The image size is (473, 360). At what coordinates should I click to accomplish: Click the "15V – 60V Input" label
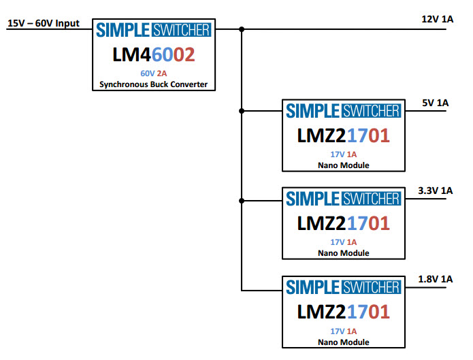click(43, 23)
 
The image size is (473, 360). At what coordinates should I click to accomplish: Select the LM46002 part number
click(154, 54)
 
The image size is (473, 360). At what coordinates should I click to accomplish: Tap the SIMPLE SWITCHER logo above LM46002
click(154, 30)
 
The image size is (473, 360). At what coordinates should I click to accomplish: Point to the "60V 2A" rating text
click(154, 73)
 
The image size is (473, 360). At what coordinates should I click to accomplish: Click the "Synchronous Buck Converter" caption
click(154, 85)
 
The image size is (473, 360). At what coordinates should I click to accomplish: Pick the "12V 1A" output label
click(437, 19)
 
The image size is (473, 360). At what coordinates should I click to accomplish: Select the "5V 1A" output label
click(436, 103)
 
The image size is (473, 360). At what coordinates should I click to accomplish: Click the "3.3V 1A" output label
click(436, 191)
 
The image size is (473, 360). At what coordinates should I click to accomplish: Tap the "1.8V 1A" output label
click(436, 278)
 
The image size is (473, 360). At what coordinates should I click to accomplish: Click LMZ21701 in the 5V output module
click(343, 136)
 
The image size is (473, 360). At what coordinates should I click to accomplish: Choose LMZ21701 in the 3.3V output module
click(343, 224)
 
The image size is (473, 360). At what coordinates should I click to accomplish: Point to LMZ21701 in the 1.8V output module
click(343, 312)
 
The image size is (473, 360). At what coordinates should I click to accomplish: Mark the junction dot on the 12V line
click(242, 29)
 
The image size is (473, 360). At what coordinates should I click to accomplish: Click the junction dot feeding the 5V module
click(242, 110)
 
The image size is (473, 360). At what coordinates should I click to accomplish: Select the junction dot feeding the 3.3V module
click(242, 200)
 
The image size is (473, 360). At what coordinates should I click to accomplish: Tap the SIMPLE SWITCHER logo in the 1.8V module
click(343, 287)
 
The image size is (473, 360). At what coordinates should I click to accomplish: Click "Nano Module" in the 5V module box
click(343, 165)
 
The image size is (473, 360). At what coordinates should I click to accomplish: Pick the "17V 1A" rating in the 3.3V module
click(343, 242)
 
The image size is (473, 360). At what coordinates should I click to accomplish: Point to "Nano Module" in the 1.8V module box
click(343, 342)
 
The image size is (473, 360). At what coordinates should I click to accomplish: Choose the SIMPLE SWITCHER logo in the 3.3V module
click(343, 199)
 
